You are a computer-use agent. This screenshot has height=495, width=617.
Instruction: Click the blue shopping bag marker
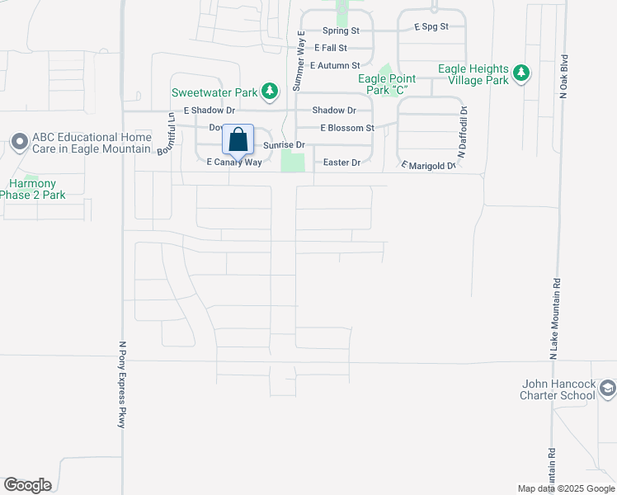coord(238,141)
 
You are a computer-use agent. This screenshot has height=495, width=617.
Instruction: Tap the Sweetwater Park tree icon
coord(268,91)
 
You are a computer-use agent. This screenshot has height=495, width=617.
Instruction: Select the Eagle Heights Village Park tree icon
coord(520,73)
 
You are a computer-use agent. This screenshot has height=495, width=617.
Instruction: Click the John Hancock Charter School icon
coord(607,388)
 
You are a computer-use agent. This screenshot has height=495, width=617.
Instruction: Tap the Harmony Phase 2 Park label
coord(32,189)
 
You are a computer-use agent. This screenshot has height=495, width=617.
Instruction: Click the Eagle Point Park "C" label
coord(386,83)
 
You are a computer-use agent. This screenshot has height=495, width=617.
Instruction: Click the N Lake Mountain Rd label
coord(554,318)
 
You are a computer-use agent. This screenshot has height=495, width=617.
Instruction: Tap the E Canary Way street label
coord(233,163)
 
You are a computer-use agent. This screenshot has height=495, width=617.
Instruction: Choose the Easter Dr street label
coord(341,163)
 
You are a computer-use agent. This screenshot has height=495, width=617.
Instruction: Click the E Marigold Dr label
coord(428,166)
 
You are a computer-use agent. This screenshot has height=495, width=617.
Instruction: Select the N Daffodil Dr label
coord(463,132)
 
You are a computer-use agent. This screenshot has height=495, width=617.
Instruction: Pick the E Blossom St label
coord(347,128)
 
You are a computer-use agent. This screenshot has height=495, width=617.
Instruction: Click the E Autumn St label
coord(336,65)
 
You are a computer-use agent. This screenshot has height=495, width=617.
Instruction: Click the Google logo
coord(27,485)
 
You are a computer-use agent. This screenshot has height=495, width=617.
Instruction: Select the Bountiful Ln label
coord(172,132)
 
